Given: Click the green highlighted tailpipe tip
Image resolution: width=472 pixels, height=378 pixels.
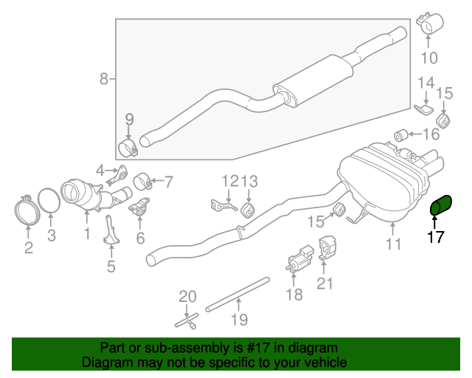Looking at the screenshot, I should point(443,207).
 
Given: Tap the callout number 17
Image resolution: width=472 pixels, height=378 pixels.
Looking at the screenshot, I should point(436,238).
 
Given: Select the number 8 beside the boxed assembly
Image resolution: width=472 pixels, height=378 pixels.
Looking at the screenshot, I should point(104,78).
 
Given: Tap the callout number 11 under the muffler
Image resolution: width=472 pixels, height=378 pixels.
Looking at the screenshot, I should point(394,244).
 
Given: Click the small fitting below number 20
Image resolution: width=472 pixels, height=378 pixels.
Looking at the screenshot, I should point(187,322).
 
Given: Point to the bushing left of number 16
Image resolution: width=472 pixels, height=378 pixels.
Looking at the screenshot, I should point(403,134).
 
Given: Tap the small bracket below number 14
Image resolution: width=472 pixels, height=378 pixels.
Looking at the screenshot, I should point(423,110).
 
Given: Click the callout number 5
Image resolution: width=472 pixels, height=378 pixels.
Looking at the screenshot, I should point(111,267).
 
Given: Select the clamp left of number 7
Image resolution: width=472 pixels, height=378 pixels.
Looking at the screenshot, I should point(142,180).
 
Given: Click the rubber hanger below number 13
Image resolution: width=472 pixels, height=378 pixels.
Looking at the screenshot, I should point(249,211).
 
